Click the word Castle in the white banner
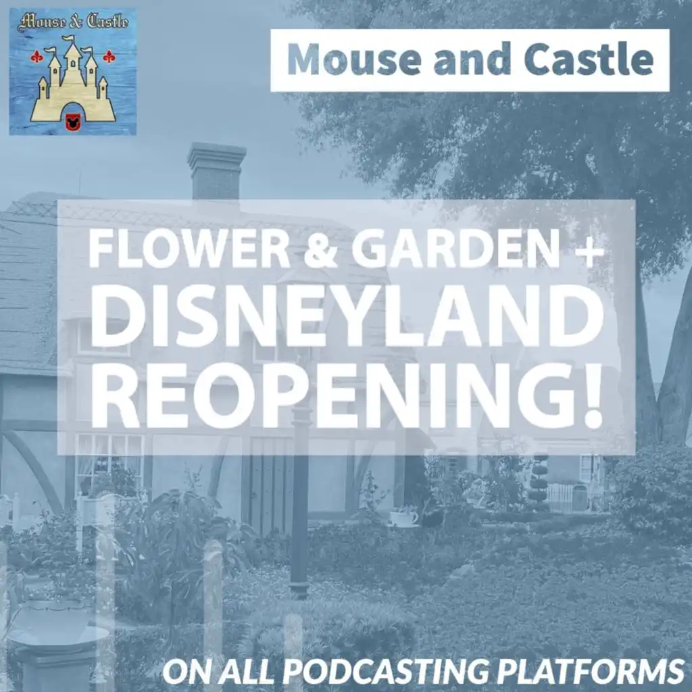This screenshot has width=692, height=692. click(x=589, y=59)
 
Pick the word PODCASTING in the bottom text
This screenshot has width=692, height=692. click(x=387, y=672)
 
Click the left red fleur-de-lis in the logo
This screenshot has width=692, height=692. click(x=36, y=57)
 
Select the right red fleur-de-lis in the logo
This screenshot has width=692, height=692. click(x=109, y=57)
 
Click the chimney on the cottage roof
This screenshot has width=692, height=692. click(x=216, y=172)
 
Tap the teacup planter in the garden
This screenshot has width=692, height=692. click(x=404, y=517)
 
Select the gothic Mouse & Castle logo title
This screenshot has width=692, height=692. click(x=73, y=22)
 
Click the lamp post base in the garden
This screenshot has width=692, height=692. click(x=299, y=590)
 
